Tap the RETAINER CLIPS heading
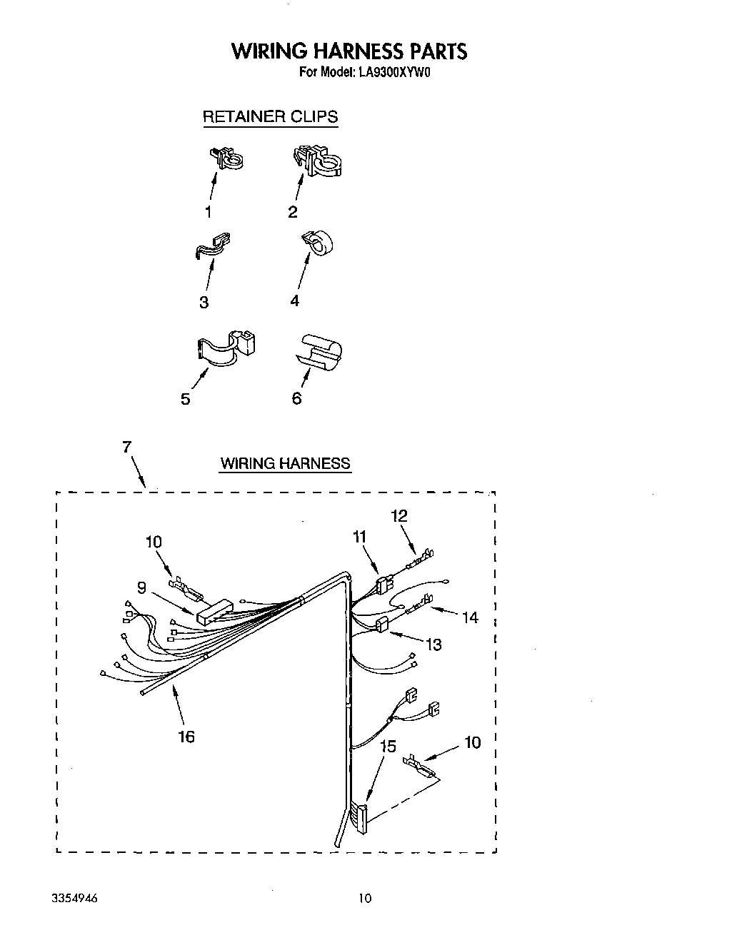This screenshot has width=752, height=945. point(270,117)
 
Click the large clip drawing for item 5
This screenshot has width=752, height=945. point(226,346)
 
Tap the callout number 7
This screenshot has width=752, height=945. point(126,448)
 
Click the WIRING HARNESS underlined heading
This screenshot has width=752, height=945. point(285,464)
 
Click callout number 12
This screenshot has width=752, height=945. point(399,515)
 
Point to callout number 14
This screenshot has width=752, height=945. point(470,617)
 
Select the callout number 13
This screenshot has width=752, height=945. point(433,645)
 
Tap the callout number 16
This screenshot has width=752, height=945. point(186,737)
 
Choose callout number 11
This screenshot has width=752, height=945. point(359,537)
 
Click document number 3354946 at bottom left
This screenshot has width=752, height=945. point(76,898)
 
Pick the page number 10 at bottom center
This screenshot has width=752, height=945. point(365,898)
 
